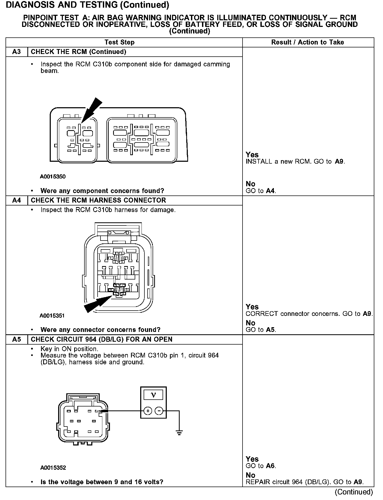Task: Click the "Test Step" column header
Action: (119, 42)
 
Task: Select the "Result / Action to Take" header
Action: (308, 42)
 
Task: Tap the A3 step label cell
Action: (16, 52)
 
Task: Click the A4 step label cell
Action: (16, 200)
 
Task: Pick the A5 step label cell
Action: (16, 340)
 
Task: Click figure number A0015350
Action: (53, 177)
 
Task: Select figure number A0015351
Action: (52, 316)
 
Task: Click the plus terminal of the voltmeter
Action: (148, 411)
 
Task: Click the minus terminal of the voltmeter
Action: (159, 411)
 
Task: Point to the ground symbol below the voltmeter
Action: (179, 433)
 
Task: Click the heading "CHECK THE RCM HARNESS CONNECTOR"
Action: (98, 200)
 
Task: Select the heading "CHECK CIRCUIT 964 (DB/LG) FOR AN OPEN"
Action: (102, 340)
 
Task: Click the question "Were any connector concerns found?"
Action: (100, 330)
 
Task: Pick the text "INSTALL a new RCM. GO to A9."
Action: (295, 162)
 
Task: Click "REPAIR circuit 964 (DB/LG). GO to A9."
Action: (305, 482)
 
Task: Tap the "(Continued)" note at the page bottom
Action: (354, 492)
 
